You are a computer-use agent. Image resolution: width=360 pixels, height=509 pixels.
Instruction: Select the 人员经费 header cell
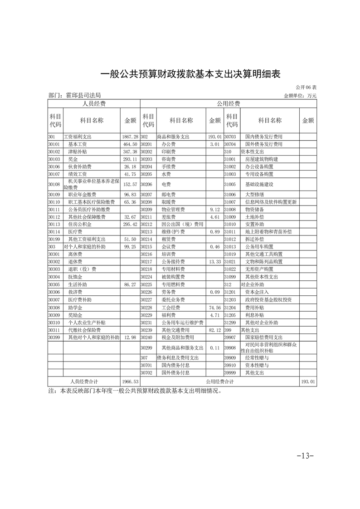93,104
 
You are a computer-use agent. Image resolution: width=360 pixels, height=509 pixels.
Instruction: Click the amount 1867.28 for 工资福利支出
130,137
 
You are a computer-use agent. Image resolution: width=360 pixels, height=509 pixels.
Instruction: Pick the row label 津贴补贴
78,151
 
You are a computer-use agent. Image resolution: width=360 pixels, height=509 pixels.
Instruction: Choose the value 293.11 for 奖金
130,159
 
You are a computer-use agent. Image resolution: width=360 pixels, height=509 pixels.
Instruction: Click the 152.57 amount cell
130,184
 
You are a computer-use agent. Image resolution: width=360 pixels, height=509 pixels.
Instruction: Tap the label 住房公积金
80,224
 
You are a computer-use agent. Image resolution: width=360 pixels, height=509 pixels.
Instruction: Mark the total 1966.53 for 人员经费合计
130,382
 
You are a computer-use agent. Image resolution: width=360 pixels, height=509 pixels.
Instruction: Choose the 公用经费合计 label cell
220,382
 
